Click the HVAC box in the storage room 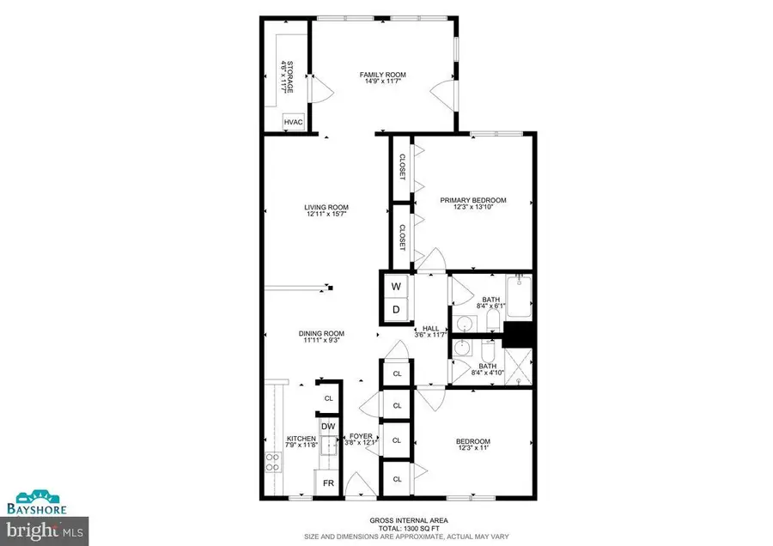click(x=294, y=124)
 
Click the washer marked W click(x=396, y=285)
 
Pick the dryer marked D click(x=396, y=309)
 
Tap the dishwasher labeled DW click(x=327, y=426)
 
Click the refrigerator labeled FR click(x=327, y=483)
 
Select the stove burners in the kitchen click(x=274, y=463)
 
